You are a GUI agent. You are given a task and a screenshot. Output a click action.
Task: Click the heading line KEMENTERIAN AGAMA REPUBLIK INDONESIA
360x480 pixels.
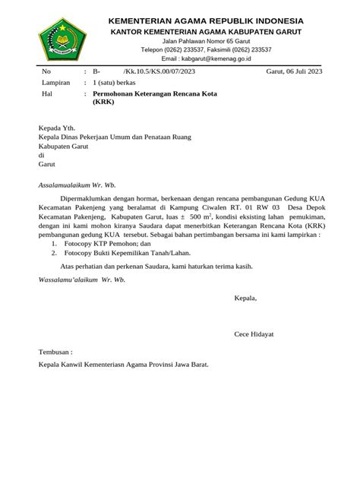pos(207,20)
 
